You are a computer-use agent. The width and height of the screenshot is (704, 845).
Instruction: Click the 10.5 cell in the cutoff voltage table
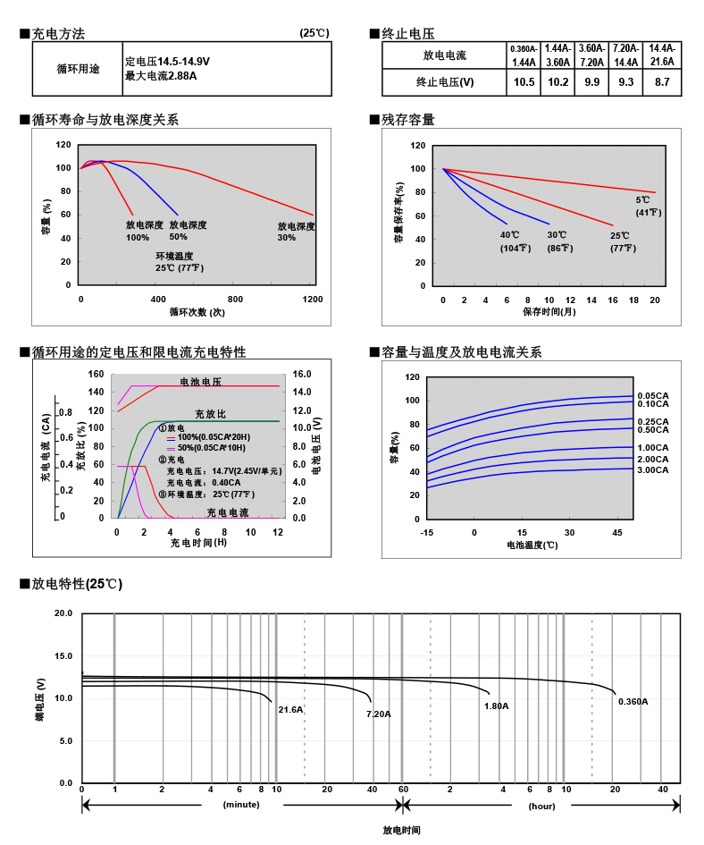[x=524, y=82]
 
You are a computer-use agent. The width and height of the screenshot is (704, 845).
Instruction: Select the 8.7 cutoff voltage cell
[x=662, y=82]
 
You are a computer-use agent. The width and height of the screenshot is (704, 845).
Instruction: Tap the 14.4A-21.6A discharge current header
[x=662, y=55]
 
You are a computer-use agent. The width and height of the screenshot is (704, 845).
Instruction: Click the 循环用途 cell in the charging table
[x=78, y=68]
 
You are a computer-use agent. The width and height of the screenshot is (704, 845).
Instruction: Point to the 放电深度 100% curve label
[x=143, y=231]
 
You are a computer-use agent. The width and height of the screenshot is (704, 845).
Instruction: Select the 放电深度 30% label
[x=296, y=232]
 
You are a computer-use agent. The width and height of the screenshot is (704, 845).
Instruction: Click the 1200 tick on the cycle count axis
[x=314, y=299]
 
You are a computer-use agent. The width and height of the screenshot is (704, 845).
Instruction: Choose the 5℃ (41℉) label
[x=648, y=206]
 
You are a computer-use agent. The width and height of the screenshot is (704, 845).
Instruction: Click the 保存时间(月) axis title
[x=549, y=312]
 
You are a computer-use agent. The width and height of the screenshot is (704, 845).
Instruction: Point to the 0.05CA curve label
[x=653, y=395]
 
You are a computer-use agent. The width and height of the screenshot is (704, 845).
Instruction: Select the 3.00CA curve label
[x=653, y=469]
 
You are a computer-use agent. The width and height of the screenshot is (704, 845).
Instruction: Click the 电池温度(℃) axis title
[x=532, y=544]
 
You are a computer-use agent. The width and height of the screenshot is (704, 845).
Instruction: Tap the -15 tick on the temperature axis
[x=427, y=532]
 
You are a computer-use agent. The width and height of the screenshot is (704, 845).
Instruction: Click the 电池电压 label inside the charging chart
[x=201, y=382]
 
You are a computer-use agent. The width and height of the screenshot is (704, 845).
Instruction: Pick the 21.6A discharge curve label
[x=290, y=709]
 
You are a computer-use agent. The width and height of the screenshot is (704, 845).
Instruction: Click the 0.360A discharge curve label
[x=633, y=701]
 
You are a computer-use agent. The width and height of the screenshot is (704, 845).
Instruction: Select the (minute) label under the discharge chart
[x=241, y=805]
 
